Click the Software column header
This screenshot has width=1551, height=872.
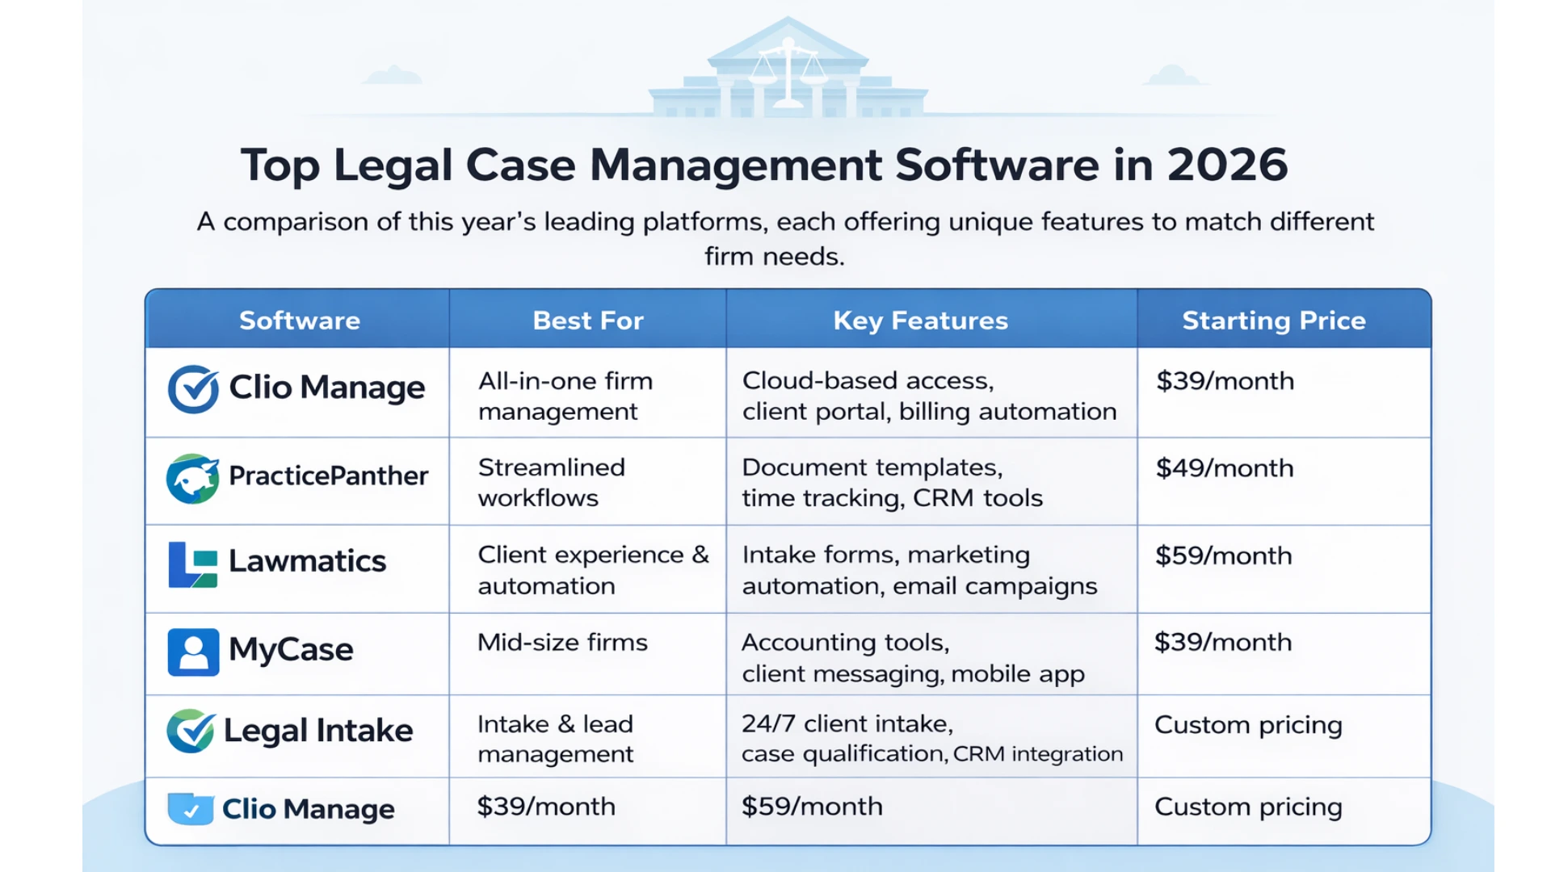(299, 321)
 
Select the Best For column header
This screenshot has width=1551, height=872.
(588, 321)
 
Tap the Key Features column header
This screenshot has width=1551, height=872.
(920, 321)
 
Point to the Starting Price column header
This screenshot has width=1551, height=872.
(1274, 321)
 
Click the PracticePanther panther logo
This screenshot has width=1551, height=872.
(192, 478)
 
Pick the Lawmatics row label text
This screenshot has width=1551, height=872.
(307, 561)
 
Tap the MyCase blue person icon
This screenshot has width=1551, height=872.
(193, 652)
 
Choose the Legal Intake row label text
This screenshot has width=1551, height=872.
(317, 731)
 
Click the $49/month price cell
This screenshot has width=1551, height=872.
(1224, 468)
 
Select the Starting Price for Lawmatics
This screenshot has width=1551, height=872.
(1223, 555)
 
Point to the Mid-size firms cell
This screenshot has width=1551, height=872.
(562, 643)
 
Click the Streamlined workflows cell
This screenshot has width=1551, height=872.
(552, 482)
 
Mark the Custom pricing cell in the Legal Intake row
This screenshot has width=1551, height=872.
(1248, 725)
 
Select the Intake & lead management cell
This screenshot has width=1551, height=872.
(556, 739)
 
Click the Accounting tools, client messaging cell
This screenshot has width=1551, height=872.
(913, 657)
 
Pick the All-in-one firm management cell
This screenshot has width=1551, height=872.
(565, 396)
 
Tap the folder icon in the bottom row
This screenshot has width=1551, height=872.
(191, 808)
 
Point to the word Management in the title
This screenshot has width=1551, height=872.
(736, 166)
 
